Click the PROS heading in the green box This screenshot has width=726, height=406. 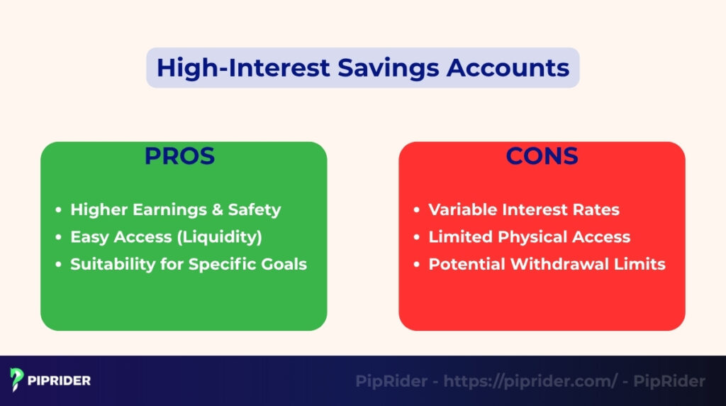tap(179, 156)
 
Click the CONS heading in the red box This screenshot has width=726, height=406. tap(542, 156)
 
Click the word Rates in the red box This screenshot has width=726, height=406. tap(597, 210)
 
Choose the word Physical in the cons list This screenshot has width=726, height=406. tap(525, 237)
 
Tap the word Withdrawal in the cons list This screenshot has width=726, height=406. tap(568, 264)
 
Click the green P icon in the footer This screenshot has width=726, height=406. tap(18, 380)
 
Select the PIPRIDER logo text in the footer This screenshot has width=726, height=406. tap(60, 381)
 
